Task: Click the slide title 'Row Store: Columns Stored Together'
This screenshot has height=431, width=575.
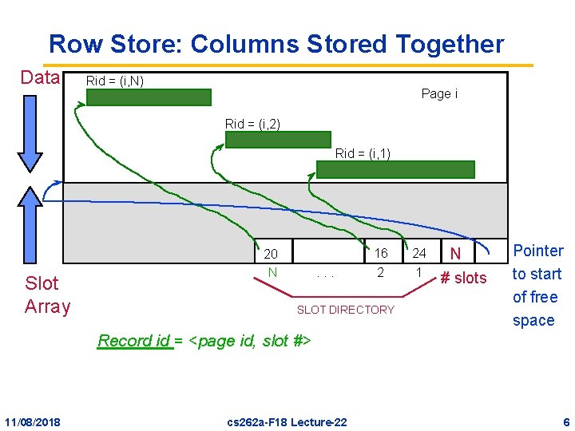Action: click(276, 44)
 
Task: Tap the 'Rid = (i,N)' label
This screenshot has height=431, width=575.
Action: click(115, 81)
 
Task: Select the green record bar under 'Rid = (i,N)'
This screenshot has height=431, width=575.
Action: click(149, 97)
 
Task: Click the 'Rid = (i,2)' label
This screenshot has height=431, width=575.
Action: click(252, 124)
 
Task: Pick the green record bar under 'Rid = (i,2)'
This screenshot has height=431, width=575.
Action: click(278, 140)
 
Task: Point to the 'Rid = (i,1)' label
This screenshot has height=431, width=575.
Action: click(363, 153)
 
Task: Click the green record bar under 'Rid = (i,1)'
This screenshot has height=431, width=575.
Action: click(395, 169)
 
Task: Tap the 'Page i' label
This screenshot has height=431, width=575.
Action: click(439, 94)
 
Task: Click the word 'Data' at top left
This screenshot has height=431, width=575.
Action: click(40, 77)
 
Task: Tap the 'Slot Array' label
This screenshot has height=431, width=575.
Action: click(47, 295)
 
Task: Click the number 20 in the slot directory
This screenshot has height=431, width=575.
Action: click(271, 254)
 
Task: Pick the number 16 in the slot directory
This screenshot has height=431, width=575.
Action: click(381, 253)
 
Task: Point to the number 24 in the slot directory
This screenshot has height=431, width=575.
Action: click(419, 253)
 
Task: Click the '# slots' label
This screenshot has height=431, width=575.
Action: click(463, 278)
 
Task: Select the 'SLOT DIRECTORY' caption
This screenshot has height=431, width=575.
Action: click(345, 310)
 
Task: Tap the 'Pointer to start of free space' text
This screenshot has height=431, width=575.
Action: click(537, 285)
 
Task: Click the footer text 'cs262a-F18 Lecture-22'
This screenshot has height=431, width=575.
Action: click(287, 421)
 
